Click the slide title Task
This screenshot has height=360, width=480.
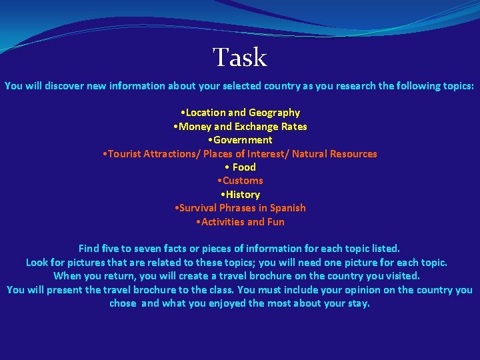240,58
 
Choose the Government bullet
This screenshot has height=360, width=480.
240,140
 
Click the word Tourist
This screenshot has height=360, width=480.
126,153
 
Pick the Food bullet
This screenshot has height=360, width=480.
241,167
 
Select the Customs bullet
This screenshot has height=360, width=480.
241,181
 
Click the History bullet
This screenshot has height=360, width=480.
241,194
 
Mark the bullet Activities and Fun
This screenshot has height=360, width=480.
240,221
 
